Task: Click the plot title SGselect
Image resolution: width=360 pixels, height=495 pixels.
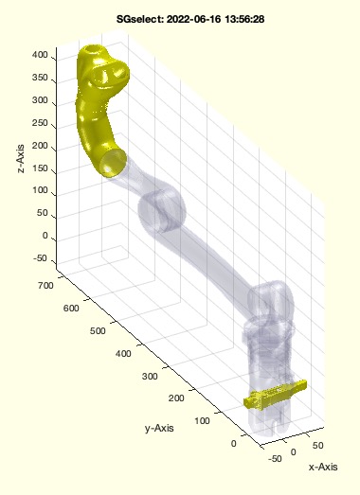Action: (x=190, y=19)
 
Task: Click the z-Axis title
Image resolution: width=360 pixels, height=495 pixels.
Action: (x=21, y=159)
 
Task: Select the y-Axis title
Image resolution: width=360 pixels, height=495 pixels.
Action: (x=159, y=429)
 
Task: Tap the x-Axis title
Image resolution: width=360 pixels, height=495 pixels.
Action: (x=323, y=467)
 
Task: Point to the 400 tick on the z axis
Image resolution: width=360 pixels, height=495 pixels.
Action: (x=40, y=55)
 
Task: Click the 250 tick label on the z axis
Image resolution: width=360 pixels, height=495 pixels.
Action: (x=40, y=123)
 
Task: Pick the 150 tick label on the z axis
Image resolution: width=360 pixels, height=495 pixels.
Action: (x=40, y=168)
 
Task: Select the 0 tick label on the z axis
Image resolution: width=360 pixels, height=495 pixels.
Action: (x=45, y=236)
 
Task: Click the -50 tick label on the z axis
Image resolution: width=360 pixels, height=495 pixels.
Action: (x=40, y=258)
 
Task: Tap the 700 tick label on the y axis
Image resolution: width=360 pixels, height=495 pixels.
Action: (x=45, y=286)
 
